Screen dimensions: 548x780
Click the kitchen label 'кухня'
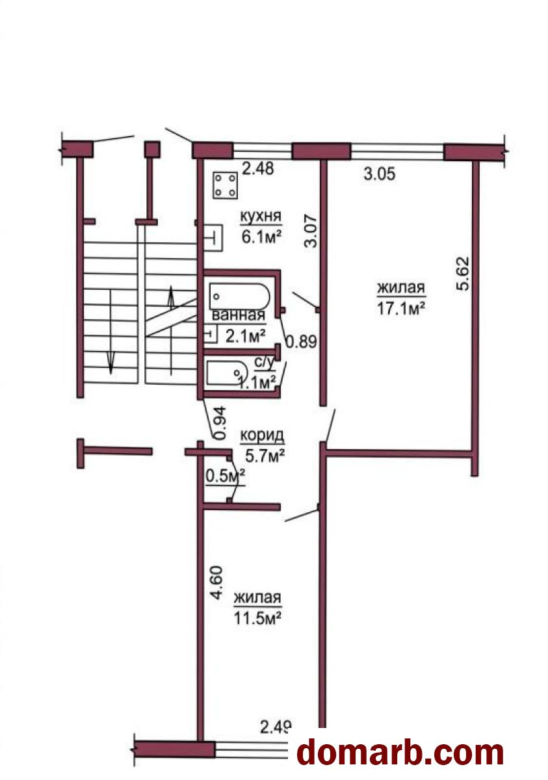pos(261,216)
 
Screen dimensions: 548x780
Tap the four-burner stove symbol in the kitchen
pos(226,185)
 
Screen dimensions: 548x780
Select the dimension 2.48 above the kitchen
pos(258,169)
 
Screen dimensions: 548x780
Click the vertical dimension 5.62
pos(463,274)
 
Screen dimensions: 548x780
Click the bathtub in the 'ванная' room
pos(239,296)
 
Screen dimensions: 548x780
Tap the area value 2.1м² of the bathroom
pos(246,337)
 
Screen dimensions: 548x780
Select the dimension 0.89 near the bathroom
pos(302,342)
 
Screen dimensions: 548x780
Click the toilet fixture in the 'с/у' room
pos(227,373)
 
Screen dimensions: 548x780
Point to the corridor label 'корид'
pos(262,435)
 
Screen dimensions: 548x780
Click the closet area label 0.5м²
pos(226,477)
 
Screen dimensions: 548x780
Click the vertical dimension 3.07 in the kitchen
pos(311,231)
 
